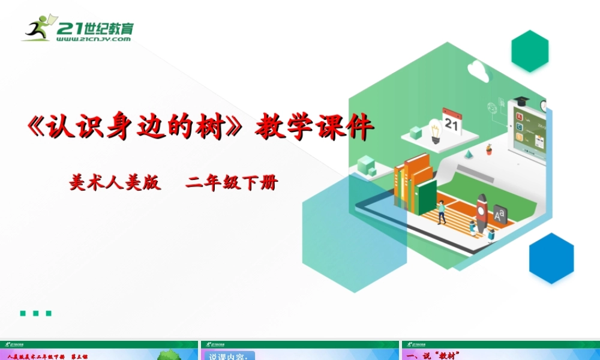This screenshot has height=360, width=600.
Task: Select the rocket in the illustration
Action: coord(481,207)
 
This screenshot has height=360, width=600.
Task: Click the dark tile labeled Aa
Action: coord(499,214)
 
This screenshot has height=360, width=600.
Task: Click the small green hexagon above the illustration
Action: coord(530,51)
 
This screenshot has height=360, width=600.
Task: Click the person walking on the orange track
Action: coord(442,212)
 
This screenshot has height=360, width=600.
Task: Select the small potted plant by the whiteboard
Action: coord(489,149)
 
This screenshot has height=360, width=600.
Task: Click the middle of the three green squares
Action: coord(35,313)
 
